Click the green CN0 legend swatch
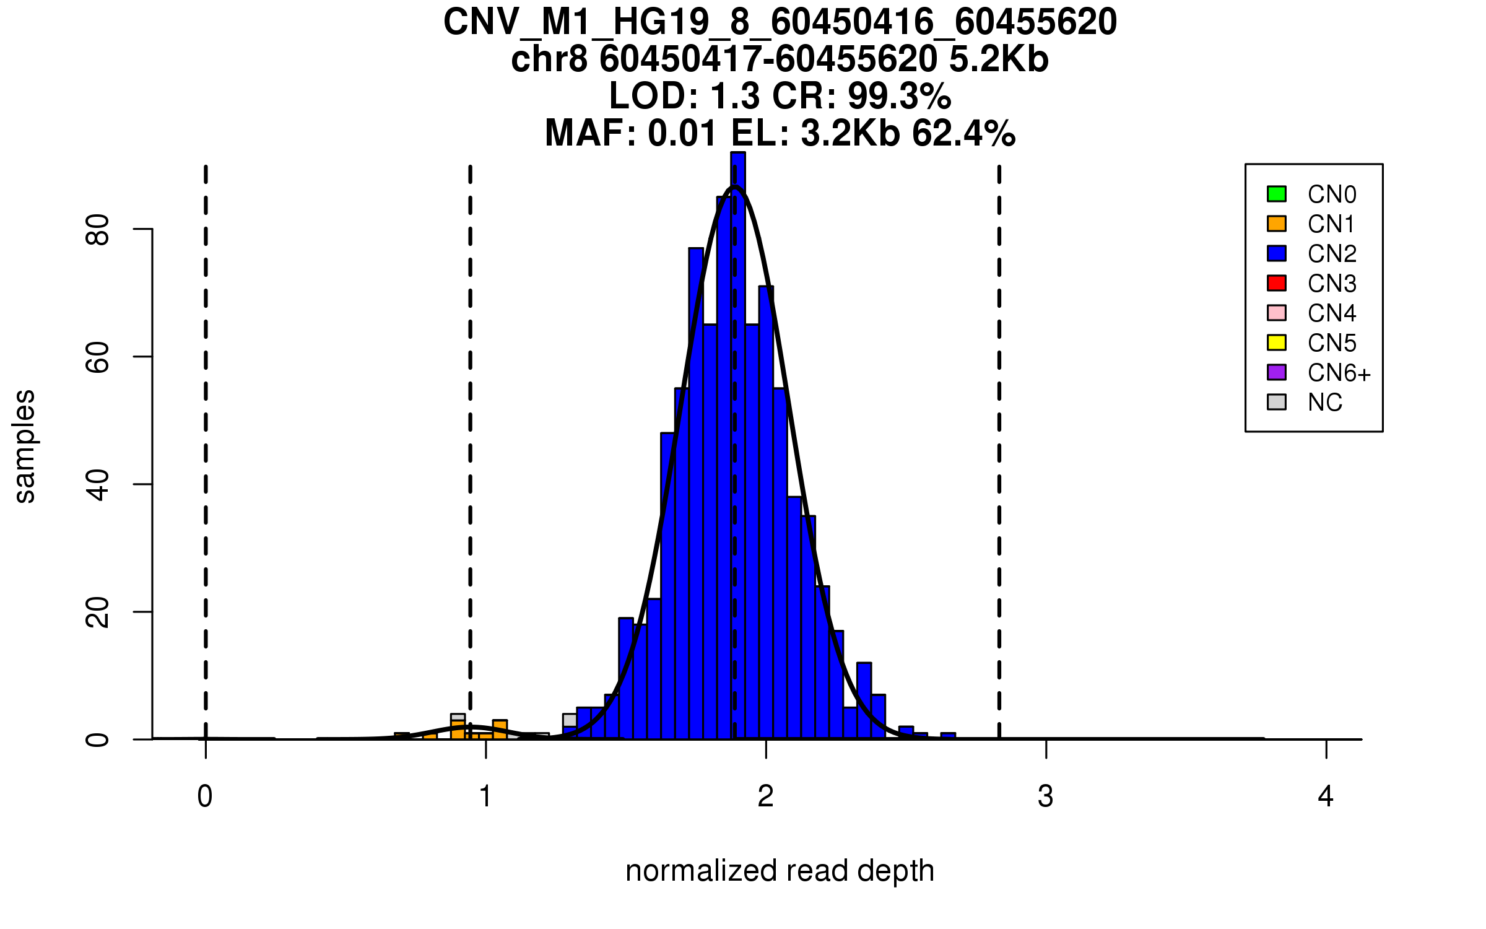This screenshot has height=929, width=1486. [1276, 194]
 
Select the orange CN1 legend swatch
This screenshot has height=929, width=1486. [1276, 224]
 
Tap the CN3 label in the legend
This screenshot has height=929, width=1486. [1332, 284]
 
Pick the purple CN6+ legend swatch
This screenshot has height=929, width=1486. [1276, 372]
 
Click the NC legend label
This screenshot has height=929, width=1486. [1324, 403]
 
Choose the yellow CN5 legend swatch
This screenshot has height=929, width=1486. [1276, 342]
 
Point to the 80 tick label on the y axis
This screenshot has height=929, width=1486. [98, 230]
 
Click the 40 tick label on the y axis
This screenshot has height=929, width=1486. [98, 485]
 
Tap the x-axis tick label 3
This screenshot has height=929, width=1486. [1046, 796]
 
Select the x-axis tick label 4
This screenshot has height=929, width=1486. [1326, 796]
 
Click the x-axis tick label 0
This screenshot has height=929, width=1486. [205, 796]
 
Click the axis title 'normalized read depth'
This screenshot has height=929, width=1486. [780, 871]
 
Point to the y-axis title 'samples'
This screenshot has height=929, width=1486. [25, 446]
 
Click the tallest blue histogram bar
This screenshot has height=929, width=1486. [738, 434]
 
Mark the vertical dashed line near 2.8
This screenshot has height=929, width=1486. [999, 434]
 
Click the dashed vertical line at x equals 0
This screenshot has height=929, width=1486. [206, 434]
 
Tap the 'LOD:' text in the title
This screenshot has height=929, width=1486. [654, 96]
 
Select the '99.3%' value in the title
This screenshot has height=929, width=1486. [899, 96]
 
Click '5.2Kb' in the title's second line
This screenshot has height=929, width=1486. [999, 59]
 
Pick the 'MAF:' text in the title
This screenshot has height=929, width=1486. [591, 133]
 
